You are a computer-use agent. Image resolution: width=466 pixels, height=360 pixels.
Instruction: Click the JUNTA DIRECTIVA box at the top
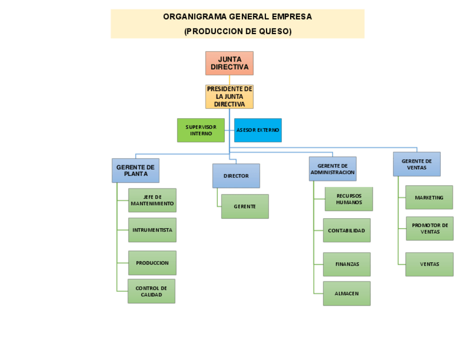[x=229, y=63]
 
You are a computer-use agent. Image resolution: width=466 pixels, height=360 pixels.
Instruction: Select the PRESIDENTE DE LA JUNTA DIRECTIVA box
[x=229, y=97]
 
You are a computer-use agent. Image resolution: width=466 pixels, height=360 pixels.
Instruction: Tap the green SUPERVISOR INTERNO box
[x=201, y=130]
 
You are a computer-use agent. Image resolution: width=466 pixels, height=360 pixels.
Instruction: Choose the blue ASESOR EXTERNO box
[x=258, y=130]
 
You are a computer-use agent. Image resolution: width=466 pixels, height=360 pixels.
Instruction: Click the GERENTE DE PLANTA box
[x=136, y=170]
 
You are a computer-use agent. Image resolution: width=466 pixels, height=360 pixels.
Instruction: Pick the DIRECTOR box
[x=236, y=176]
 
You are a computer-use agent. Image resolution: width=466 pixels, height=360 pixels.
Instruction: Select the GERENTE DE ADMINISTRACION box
[x=332, y=169]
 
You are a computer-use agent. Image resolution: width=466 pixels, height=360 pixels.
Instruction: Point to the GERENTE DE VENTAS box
[x=417, y=164]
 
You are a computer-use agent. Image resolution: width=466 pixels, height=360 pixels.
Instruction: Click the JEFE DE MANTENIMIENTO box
[x=152, y=200]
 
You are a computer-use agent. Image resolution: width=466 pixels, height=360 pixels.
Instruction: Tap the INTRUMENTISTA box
[x=152, y=230]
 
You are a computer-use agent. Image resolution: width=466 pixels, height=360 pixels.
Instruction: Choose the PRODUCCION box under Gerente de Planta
[x=152, y=263]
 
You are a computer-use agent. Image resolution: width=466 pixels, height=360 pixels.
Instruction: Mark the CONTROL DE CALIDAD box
[x=151, y=291]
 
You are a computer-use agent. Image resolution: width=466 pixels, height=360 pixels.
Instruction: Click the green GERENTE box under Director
[x=245, y=206]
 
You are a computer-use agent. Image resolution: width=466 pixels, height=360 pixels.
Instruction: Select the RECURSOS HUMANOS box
[x=349, y=199]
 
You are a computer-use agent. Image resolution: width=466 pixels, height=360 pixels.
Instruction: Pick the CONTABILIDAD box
[x=346, y=230]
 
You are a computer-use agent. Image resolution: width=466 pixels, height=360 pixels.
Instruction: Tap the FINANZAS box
[x=347, y=264]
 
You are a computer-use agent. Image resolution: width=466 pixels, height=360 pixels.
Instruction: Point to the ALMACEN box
[x=346, y=293]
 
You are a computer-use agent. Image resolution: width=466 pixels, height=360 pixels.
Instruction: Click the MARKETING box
[x=429, y=197]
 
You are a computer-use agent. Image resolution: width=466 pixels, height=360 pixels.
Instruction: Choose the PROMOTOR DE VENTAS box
[x=430, y=228]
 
